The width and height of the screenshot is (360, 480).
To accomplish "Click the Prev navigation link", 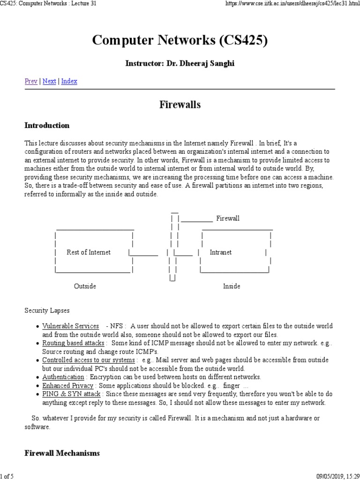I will [x=31, y=81].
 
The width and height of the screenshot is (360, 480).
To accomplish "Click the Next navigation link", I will [x=49, y=81].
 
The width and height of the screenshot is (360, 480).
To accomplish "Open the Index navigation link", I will [x=69, y=81].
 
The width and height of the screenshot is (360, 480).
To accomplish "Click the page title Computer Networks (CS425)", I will [x=180, y=41].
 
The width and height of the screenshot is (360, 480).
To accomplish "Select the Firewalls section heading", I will [x=180, y=105].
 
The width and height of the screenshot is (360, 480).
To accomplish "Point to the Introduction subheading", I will [x=47, y=126].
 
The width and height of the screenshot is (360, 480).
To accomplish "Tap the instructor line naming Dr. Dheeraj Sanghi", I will [x=180, y=63].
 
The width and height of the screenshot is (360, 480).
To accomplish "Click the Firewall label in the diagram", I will [x=228, y=218].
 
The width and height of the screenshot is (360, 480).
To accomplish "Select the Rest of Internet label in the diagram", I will [x=89, y=252].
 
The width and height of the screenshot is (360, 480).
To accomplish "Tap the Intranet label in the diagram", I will [x=220, y=252].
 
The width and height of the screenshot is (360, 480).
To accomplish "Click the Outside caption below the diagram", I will [x=85, y=286].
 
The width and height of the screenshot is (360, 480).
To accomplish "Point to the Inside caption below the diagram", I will [x=232, y=286].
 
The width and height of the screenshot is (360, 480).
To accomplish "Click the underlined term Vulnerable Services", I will [x=70, y=326].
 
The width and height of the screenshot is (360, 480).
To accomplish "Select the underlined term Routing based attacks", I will [x=73, y=343].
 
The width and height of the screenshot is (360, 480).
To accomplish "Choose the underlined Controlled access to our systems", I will [x=88, y=360].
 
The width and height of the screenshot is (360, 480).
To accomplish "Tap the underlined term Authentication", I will [x=63, y=377].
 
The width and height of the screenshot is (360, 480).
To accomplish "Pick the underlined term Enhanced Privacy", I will [x=68, y=385].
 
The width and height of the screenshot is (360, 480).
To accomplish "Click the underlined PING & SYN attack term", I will [x=71, y=394].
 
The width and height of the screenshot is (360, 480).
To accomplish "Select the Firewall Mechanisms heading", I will [x=62, y=453].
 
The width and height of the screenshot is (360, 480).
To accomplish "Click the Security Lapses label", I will [x=47, y=310].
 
